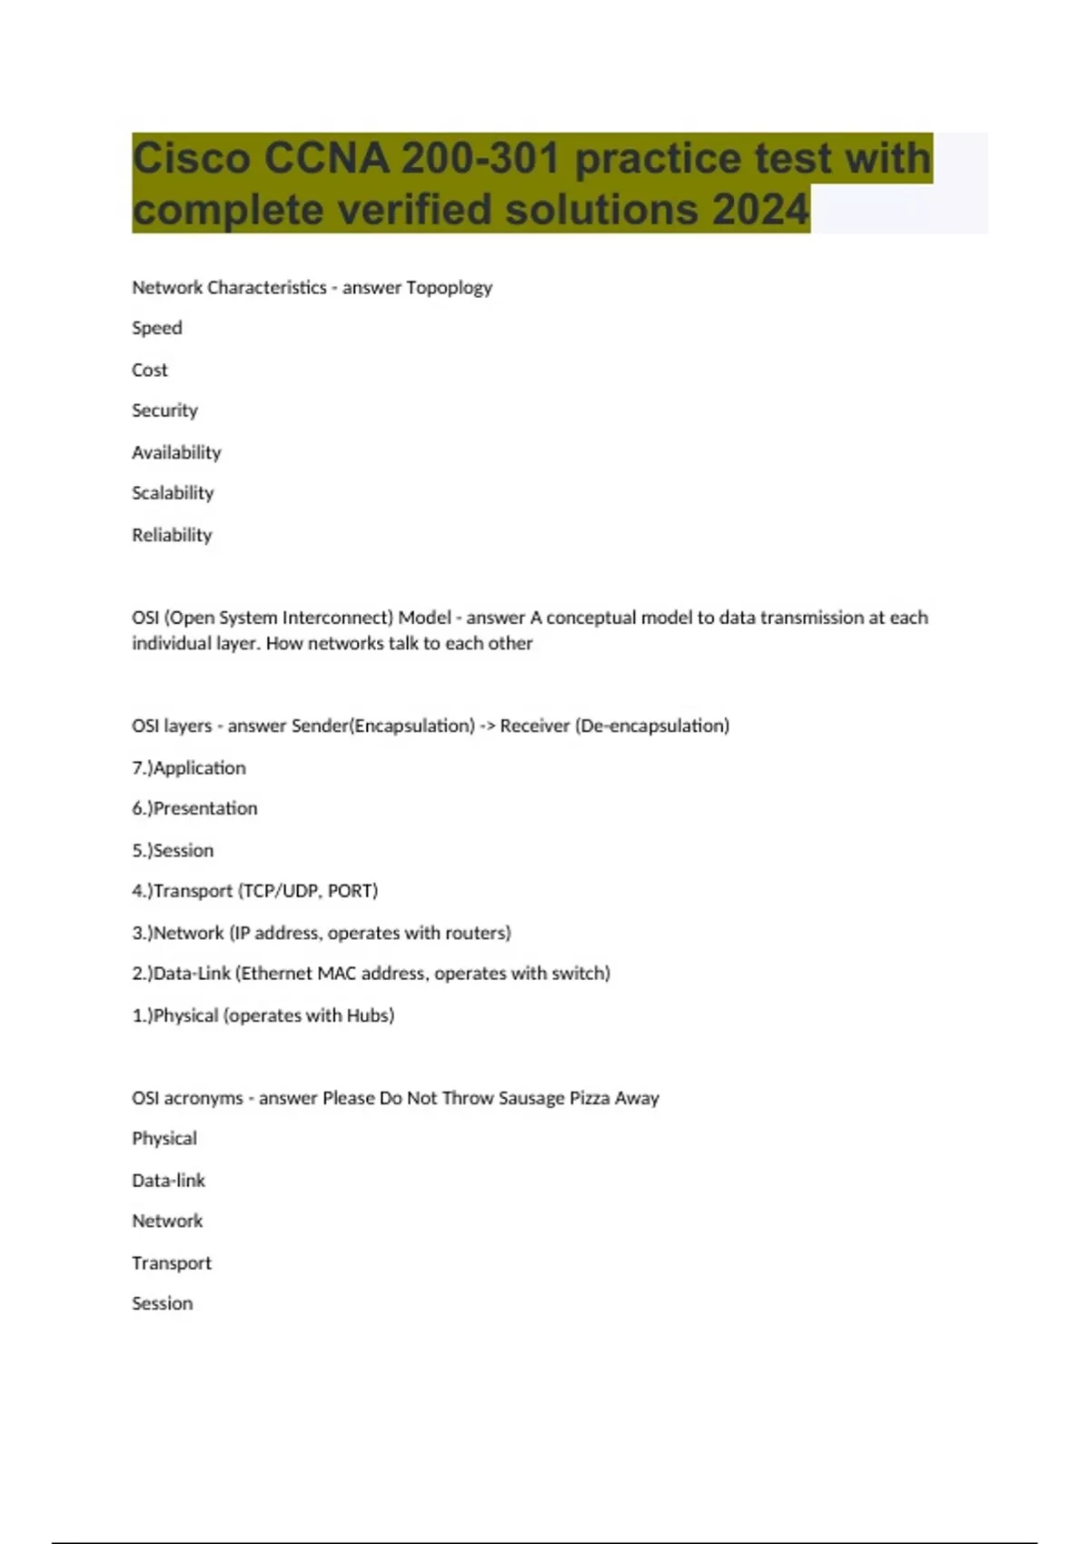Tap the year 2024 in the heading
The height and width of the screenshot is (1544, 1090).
tap(760, 210)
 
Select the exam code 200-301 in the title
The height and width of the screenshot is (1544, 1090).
tap(480, 159)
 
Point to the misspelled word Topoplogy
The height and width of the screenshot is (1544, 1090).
tap(449, 288)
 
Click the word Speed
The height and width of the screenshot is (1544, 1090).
tap(157, 328)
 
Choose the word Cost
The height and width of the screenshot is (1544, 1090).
tap(150, 370)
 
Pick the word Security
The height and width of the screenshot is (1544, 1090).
tap(164, 411)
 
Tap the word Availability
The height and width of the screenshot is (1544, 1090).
tap(176, 452)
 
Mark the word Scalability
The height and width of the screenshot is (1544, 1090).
tap(173, 493)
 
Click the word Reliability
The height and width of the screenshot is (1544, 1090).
tap(172, 535)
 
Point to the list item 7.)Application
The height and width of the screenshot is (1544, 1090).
tap(189, 768)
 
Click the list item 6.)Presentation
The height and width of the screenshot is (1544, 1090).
tap(194, 808)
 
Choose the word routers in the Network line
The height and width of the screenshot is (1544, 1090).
tap(476, 933)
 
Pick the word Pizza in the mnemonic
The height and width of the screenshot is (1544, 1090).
tap(590, 1098)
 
